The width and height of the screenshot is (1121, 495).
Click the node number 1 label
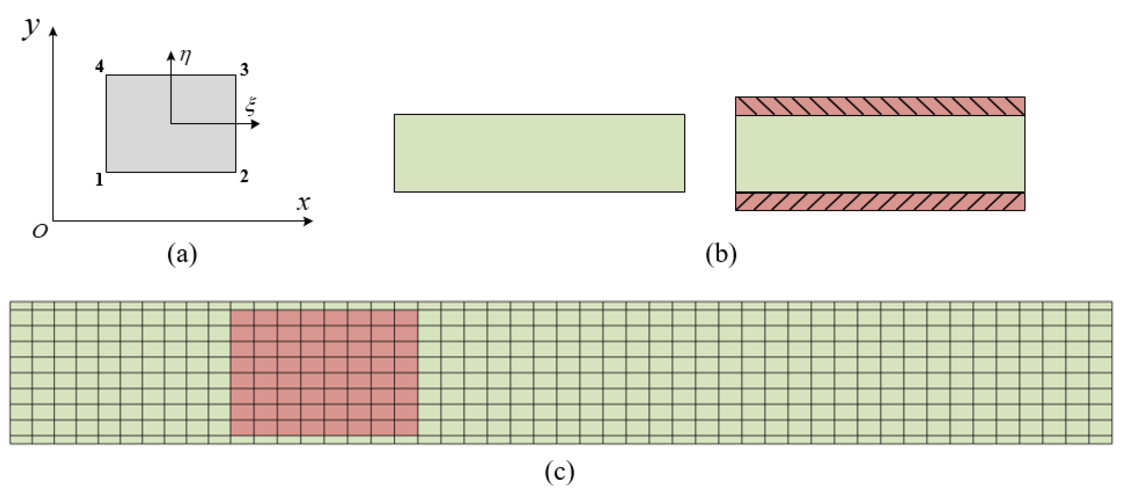[100, 179]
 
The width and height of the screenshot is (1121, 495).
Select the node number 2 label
[244, 176]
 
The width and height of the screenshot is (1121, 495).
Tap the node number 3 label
[245, 70]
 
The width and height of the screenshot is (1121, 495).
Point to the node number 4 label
[100, 66]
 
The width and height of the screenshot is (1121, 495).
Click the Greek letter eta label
[185, 57]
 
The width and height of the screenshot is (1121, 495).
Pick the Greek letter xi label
[251, 106]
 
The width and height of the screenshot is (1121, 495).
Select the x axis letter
[304, 203]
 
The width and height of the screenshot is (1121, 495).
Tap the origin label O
[40, 232]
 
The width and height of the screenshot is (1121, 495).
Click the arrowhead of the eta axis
[171, 55]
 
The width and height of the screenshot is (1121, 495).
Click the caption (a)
[182, 254]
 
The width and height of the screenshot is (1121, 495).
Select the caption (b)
[721, 254]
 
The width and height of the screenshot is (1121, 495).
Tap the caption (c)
[559, 472]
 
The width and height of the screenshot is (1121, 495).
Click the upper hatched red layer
[880, 106]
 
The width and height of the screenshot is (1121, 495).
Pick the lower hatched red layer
[880, 202]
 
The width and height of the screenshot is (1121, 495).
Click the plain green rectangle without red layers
[539, 153]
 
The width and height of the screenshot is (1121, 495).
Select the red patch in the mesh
[324, 373]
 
